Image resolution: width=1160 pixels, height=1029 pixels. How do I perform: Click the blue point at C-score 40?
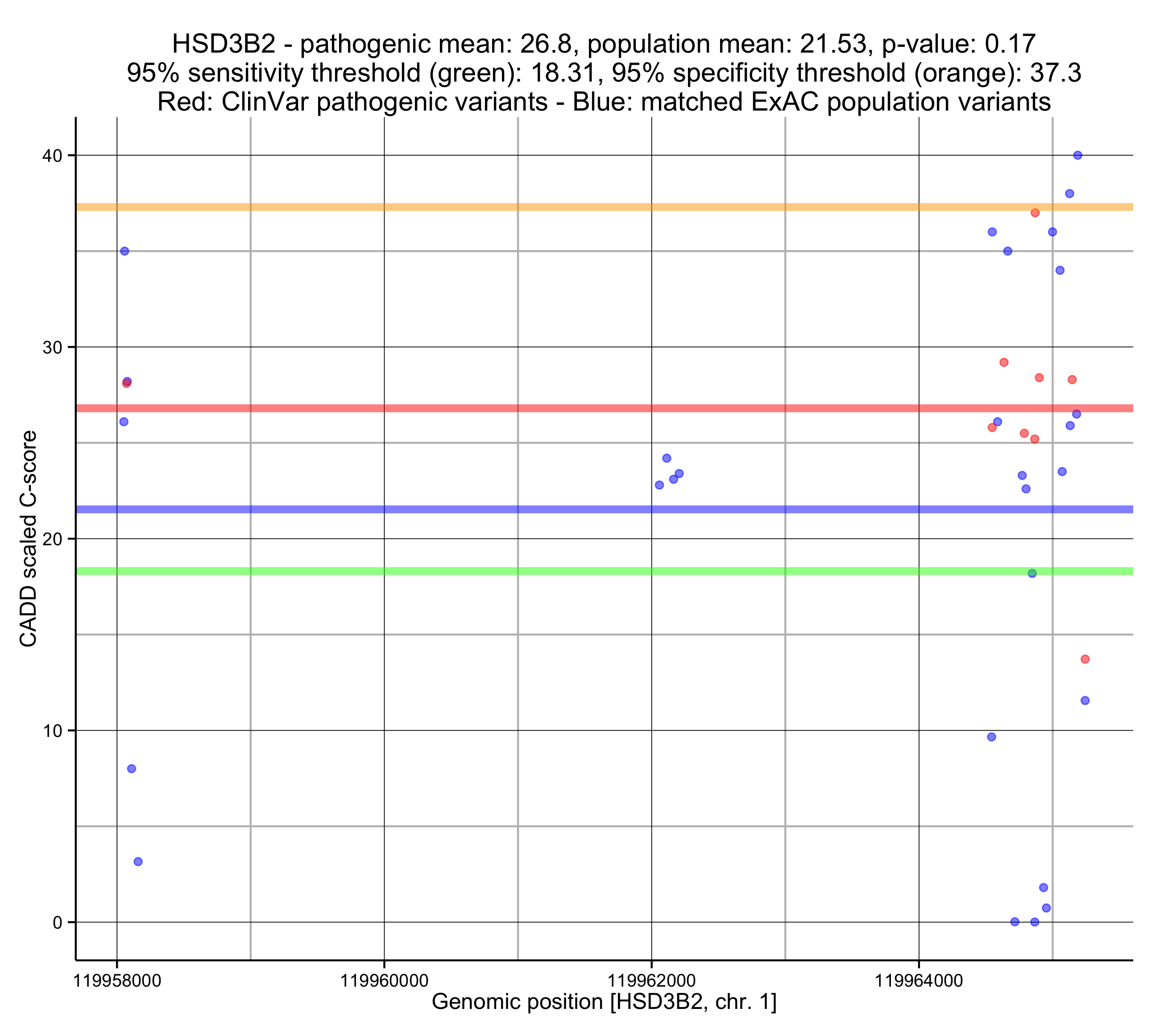coord(1078,156)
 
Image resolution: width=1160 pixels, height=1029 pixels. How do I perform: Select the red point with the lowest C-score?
coord(1085,659)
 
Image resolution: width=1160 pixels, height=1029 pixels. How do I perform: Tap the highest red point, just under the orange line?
coord(1035,213)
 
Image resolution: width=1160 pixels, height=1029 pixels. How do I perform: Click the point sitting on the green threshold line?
coord(1032,573)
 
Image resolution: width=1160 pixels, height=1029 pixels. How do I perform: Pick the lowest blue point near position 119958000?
coord(138,862)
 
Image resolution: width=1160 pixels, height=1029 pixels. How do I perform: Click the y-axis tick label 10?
coord(52,731)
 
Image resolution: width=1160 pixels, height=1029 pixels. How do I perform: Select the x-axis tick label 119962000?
coord(651,980)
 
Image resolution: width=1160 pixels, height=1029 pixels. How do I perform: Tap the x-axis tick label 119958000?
coord(117,980)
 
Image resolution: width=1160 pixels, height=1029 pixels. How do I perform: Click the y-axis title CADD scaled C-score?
coord(29,539)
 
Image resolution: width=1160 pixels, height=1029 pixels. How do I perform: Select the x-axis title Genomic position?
coord(604,1002)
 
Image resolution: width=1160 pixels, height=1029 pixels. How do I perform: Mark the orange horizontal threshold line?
coord(568,207)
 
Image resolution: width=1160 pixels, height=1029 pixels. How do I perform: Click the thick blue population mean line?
coord(568,510)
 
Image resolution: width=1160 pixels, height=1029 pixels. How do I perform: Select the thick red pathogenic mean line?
coord(568,408)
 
